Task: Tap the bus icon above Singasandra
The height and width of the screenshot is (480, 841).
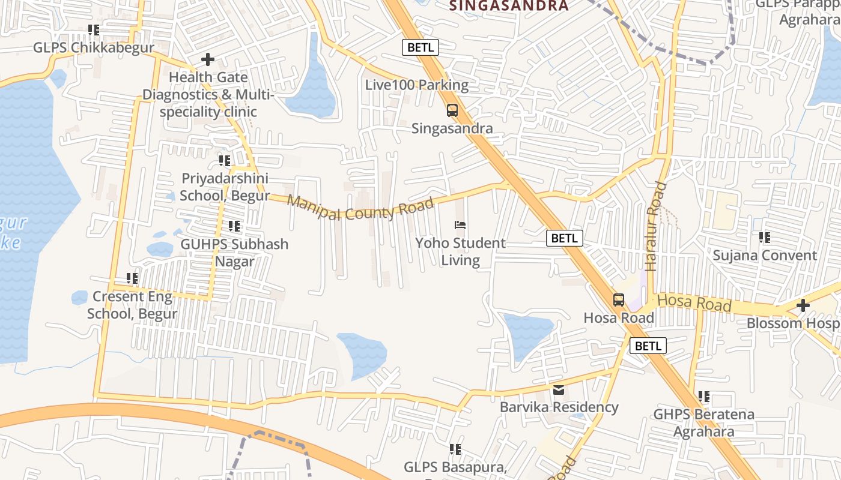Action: click(x=452, y=110)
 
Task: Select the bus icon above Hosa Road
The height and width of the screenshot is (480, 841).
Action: click(x=619, y=300)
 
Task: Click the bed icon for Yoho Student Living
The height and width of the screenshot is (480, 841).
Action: click(x=460, y=226)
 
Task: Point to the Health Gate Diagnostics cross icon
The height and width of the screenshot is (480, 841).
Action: click(x=208, y=59)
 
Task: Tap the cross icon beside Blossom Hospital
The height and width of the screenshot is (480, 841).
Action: click(x=803, y=306)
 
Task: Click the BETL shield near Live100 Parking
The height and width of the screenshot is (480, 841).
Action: click(x=421, y=47)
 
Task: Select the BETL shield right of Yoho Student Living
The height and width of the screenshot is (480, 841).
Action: click(x=565, y=238)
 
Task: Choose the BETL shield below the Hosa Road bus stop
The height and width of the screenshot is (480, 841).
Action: click(x=648, y=346)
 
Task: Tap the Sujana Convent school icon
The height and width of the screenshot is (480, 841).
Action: click(x=765, y=238)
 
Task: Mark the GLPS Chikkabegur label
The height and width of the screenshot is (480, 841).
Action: click(x=94, y=47)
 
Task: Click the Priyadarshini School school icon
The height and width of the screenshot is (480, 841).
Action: click(x=225, y=161)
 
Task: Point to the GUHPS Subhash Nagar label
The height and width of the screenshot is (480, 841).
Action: click(x=235, y=253)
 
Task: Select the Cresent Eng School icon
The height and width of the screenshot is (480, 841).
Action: click(x=132, y=278)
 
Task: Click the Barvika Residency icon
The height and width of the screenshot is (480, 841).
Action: click(x=559, y=390)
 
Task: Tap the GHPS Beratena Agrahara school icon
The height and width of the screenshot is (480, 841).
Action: click(x=704, y=397)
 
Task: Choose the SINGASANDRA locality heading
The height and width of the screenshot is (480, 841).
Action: click(x=509, y=6)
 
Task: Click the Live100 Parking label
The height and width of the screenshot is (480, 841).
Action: click(x=417, y=85)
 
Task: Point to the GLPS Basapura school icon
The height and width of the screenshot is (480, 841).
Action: click(x=455, y=449)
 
